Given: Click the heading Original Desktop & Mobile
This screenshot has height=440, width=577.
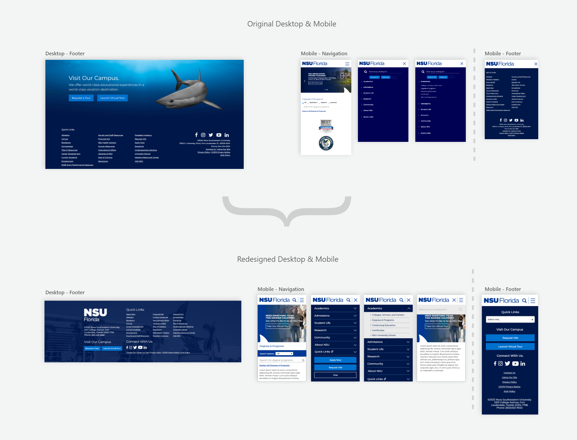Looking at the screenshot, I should pos(292,24).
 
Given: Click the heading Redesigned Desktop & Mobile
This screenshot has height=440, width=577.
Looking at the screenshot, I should pos(288,259).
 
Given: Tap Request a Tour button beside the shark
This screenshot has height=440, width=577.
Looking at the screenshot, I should pos(81,98).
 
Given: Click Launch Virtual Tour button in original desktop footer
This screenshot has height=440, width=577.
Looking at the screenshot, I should pos(112,98).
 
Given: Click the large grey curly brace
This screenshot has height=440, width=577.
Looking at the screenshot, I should pos(287,210).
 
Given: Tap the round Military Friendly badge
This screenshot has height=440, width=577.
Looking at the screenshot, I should pos(326,143).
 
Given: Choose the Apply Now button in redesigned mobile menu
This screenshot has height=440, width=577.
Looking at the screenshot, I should pos(335,360).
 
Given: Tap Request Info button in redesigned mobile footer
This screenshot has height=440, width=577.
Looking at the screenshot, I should pos(510,338).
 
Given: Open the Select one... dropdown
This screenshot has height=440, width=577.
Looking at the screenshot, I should pos(510,319).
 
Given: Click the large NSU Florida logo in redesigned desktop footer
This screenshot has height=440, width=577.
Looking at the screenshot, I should pos(95,315).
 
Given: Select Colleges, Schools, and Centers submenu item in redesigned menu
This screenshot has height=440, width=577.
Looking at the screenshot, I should pos(388,315).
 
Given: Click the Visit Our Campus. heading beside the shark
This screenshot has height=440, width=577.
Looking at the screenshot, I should pos(94,78).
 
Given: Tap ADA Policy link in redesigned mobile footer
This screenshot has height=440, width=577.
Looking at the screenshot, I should pos(509,391).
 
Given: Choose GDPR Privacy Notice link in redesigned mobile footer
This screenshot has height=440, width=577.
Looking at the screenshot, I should pos(509,387).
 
